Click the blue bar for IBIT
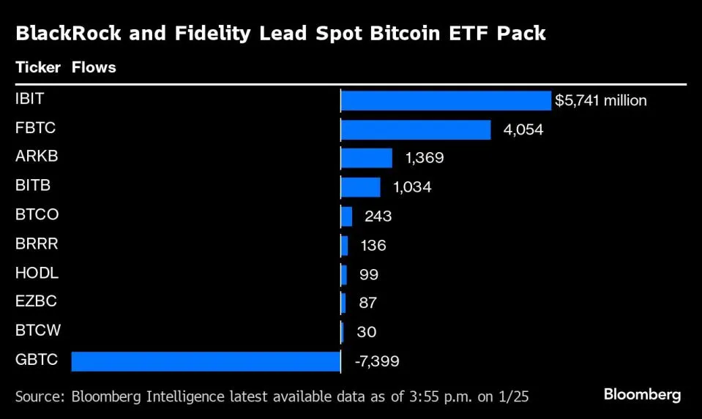(x=445, y=101)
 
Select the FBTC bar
(x=415, y=129)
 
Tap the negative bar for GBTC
(x=206, y=361)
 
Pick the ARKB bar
(x=366, y=158)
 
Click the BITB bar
(x=360, y=187)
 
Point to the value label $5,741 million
(x=600, y=101)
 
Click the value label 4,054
(x=523, y=129)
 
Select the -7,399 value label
(x=376, y=361)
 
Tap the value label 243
(x=378, y=216)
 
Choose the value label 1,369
(x=425, y=158)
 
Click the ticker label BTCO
(x=37, y=215)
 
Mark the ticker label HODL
(x=37, y=273)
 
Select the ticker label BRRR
(x=37, y=244)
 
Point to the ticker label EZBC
(x=36, y=301)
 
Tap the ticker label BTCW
(x=37, y=331)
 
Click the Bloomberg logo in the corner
(x=641, y=395)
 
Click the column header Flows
(x=94, y=68)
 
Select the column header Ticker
(x=38, y=68)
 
